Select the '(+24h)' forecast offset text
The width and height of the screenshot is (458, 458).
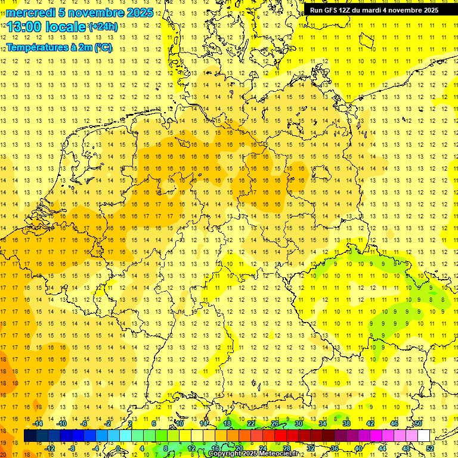click(103, 27)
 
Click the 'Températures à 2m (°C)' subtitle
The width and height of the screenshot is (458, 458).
click(59, 48)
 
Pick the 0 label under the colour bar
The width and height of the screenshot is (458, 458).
click(118, 448)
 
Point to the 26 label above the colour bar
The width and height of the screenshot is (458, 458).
click(275, 423)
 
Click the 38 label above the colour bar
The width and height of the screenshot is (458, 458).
click(346, 423)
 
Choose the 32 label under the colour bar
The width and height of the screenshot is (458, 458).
click(311, 448)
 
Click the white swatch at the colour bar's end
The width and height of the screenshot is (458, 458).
click(423, 435)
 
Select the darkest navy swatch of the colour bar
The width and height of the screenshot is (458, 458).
click(30, 435)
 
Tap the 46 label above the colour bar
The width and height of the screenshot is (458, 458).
click(394, 423)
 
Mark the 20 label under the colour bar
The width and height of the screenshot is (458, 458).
click(239, 448)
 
